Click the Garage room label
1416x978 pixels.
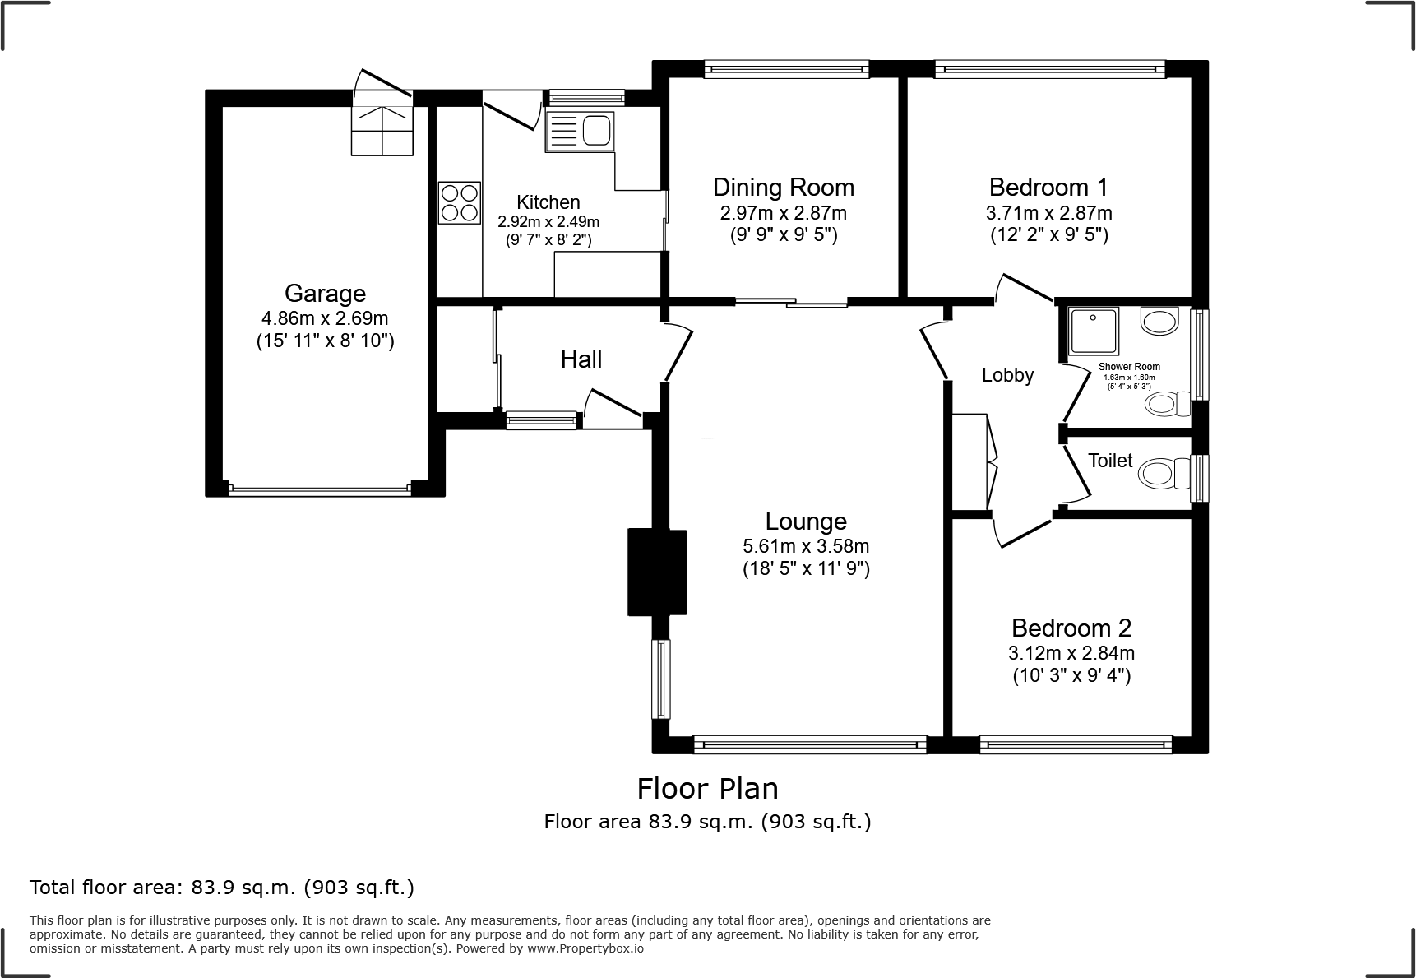coord(325,294)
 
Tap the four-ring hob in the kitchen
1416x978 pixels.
coord(459,202)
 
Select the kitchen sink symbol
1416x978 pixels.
coord(580,132)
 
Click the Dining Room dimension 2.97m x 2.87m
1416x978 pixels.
coord(783,213)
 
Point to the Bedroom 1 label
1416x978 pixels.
coord(1048,187)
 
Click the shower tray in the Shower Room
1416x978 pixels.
coord(1094,332)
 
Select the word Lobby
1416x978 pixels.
coord(1007,375)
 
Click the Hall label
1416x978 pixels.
coord(581,359)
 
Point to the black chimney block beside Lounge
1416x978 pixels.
coord(656,572)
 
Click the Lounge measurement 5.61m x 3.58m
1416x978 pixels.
coord(806,546)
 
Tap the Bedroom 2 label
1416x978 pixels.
coord(1071,628)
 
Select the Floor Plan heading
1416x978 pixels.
coord(707,789)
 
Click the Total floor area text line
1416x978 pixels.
coord(222,888)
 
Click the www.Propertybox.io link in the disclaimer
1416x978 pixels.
coord(585,948)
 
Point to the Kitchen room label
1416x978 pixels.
coord(548,202)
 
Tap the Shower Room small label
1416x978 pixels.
coord(1129,367)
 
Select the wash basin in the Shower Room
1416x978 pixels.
coord(1160,321)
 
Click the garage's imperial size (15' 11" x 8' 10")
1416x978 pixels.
coord(325,341)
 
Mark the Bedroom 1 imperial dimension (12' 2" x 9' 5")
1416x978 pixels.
coord(1048,235)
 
